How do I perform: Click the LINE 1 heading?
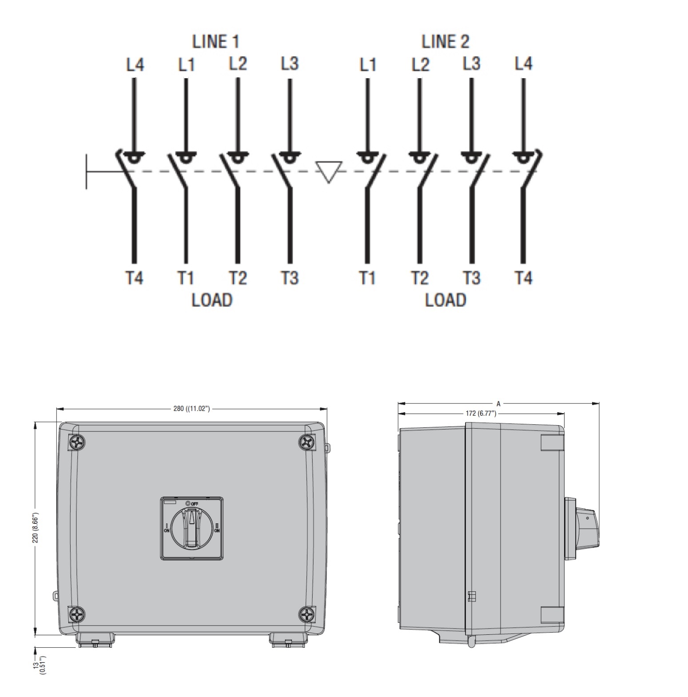coord(215,41)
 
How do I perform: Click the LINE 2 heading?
coord(445,41)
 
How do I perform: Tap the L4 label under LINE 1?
coord(135,64)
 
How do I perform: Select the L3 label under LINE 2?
coord(471,63)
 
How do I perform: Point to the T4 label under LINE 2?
coord(524,278)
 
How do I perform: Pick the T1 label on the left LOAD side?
coord(186,278)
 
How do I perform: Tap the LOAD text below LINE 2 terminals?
coord(445,300)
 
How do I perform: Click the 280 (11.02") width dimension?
coord(191,409)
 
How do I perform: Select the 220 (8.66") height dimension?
coord(36,528)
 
